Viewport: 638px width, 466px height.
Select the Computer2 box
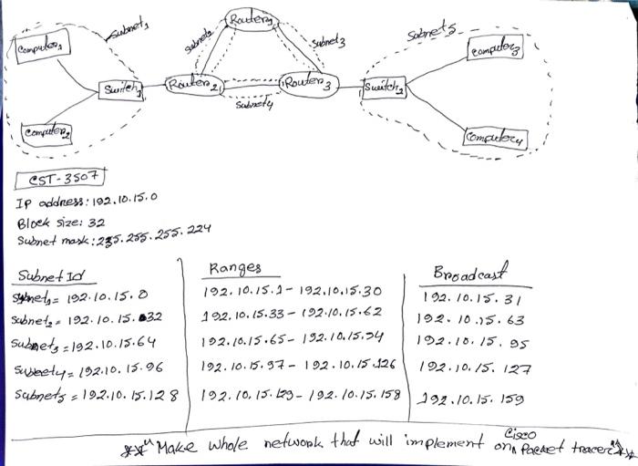pyautogui.click(x=43, y=131)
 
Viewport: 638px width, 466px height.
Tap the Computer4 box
pyautogui.click(x=496, y=138)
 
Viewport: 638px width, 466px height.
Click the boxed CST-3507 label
pyautogui.click(x=63, y=178)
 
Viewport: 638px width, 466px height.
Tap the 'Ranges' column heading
pyautogui.click(x=234, y=268)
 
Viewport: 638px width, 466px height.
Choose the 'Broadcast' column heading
pyautogui.click(x=470, y=274)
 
